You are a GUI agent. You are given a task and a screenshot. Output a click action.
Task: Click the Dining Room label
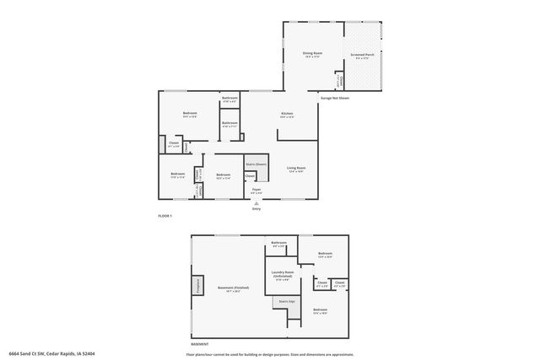click(x=311, y=54)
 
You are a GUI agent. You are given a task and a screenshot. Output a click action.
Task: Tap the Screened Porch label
click(x=362, y=56)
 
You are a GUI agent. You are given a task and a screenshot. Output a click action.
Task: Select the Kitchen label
click(x=287, y=115)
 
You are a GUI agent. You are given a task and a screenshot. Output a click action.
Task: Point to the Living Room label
click(x=295, y=169)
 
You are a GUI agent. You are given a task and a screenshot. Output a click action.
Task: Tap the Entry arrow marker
click(x=256, y=202)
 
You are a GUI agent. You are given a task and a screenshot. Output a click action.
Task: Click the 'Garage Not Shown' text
click(x=334, y=98)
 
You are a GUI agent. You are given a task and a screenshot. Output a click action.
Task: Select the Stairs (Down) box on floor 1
click(x=256, y=164)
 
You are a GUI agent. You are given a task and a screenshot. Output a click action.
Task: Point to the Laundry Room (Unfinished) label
click(x=282, y=274)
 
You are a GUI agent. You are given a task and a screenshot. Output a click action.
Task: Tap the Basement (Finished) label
click(x=234, y=288)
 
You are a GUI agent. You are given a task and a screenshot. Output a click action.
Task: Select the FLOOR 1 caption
click(x=165, y=217)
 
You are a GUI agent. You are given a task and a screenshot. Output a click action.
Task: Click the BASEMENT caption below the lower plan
click(x=199, y=343)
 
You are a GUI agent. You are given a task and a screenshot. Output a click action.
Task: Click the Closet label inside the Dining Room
click(x=339, y=81)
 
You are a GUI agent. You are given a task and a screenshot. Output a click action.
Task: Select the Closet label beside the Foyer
click(x=251, y=176)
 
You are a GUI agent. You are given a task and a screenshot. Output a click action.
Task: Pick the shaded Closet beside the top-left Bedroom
click(x=163, y=142)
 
